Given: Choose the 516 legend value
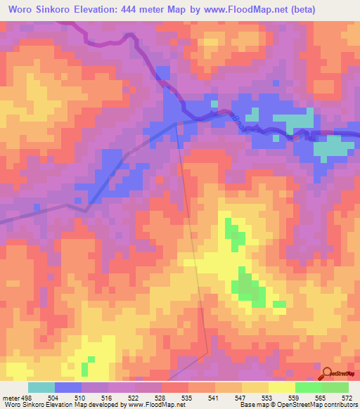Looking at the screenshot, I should (95, 398).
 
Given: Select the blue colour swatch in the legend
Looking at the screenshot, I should (67, 387).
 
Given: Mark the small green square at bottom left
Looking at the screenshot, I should (85, 368).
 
